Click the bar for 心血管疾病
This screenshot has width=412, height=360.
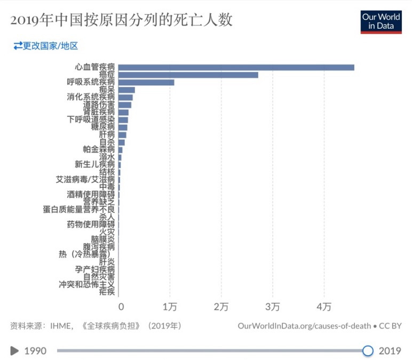pyautogui.click(x=236, y=67)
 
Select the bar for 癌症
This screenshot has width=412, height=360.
pyautogui.click(x=188, y=75)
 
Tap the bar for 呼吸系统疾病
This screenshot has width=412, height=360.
pyautogui.click(x=146, y=82)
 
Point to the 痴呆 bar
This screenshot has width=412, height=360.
pyautogui.click(x=126, y=90)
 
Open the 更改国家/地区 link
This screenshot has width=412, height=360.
pyautogui.click(x=46, y=46)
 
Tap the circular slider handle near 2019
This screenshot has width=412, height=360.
pyautogui.click(x=368, y=350)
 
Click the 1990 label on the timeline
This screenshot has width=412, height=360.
pyautogui.click(x=35, y=350)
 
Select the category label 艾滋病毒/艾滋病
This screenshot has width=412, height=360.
pyautogui.click(x=85, y=180)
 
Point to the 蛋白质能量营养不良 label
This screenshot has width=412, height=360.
pyautogui.click(x=79, y=210)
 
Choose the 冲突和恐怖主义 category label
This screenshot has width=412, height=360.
pyautogui.click(x=86, y=284)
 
